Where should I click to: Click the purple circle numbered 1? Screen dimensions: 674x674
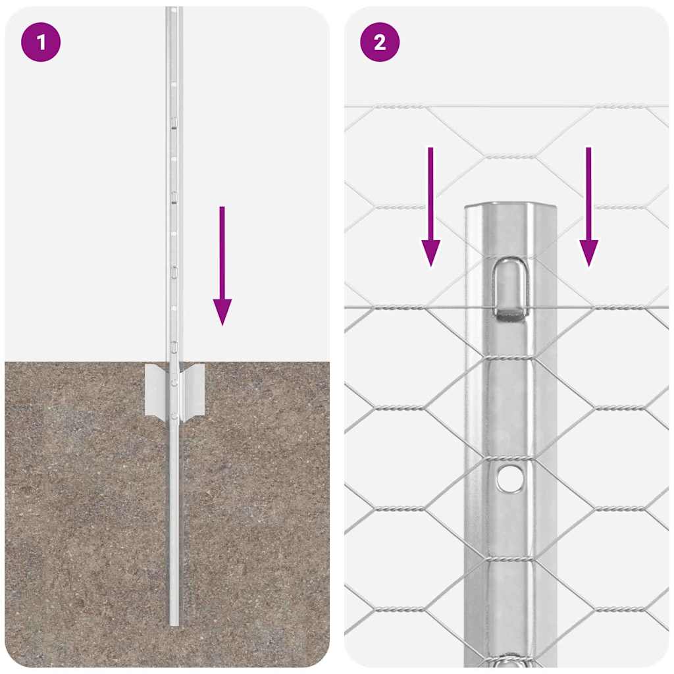tap(41, 43)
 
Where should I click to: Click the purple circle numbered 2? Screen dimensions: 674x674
tap(380, 43)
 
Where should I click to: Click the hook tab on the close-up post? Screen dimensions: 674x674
tap(510, 290)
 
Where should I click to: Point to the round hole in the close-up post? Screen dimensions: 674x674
tap(511, 479)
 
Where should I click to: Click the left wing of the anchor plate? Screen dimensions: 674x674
tap(157, 390)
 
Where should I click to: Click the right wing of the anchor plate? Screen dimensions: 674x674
tap(192, 390)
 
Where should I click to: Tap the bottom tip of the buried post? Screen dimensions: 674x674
tap(174, 623)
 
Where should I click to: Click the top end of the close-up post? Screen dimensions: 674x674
tap(511, 207)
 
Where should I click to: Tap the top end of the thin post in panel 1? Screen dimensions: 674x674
tap(174, 9)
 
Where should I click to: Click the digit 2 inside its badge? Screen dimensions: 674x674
tap(380, 43)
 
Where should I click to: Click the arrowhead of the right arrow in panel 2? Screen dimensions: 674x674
tap(588, 253)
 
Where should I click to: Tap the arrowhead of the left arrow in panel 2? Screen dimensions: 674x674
tap(430, 253)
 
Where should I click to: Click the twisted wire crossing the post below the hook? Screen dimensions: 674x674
tap(511, 358)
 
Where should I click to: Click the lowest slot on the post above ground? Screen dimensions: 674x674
tap(174, 345)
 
